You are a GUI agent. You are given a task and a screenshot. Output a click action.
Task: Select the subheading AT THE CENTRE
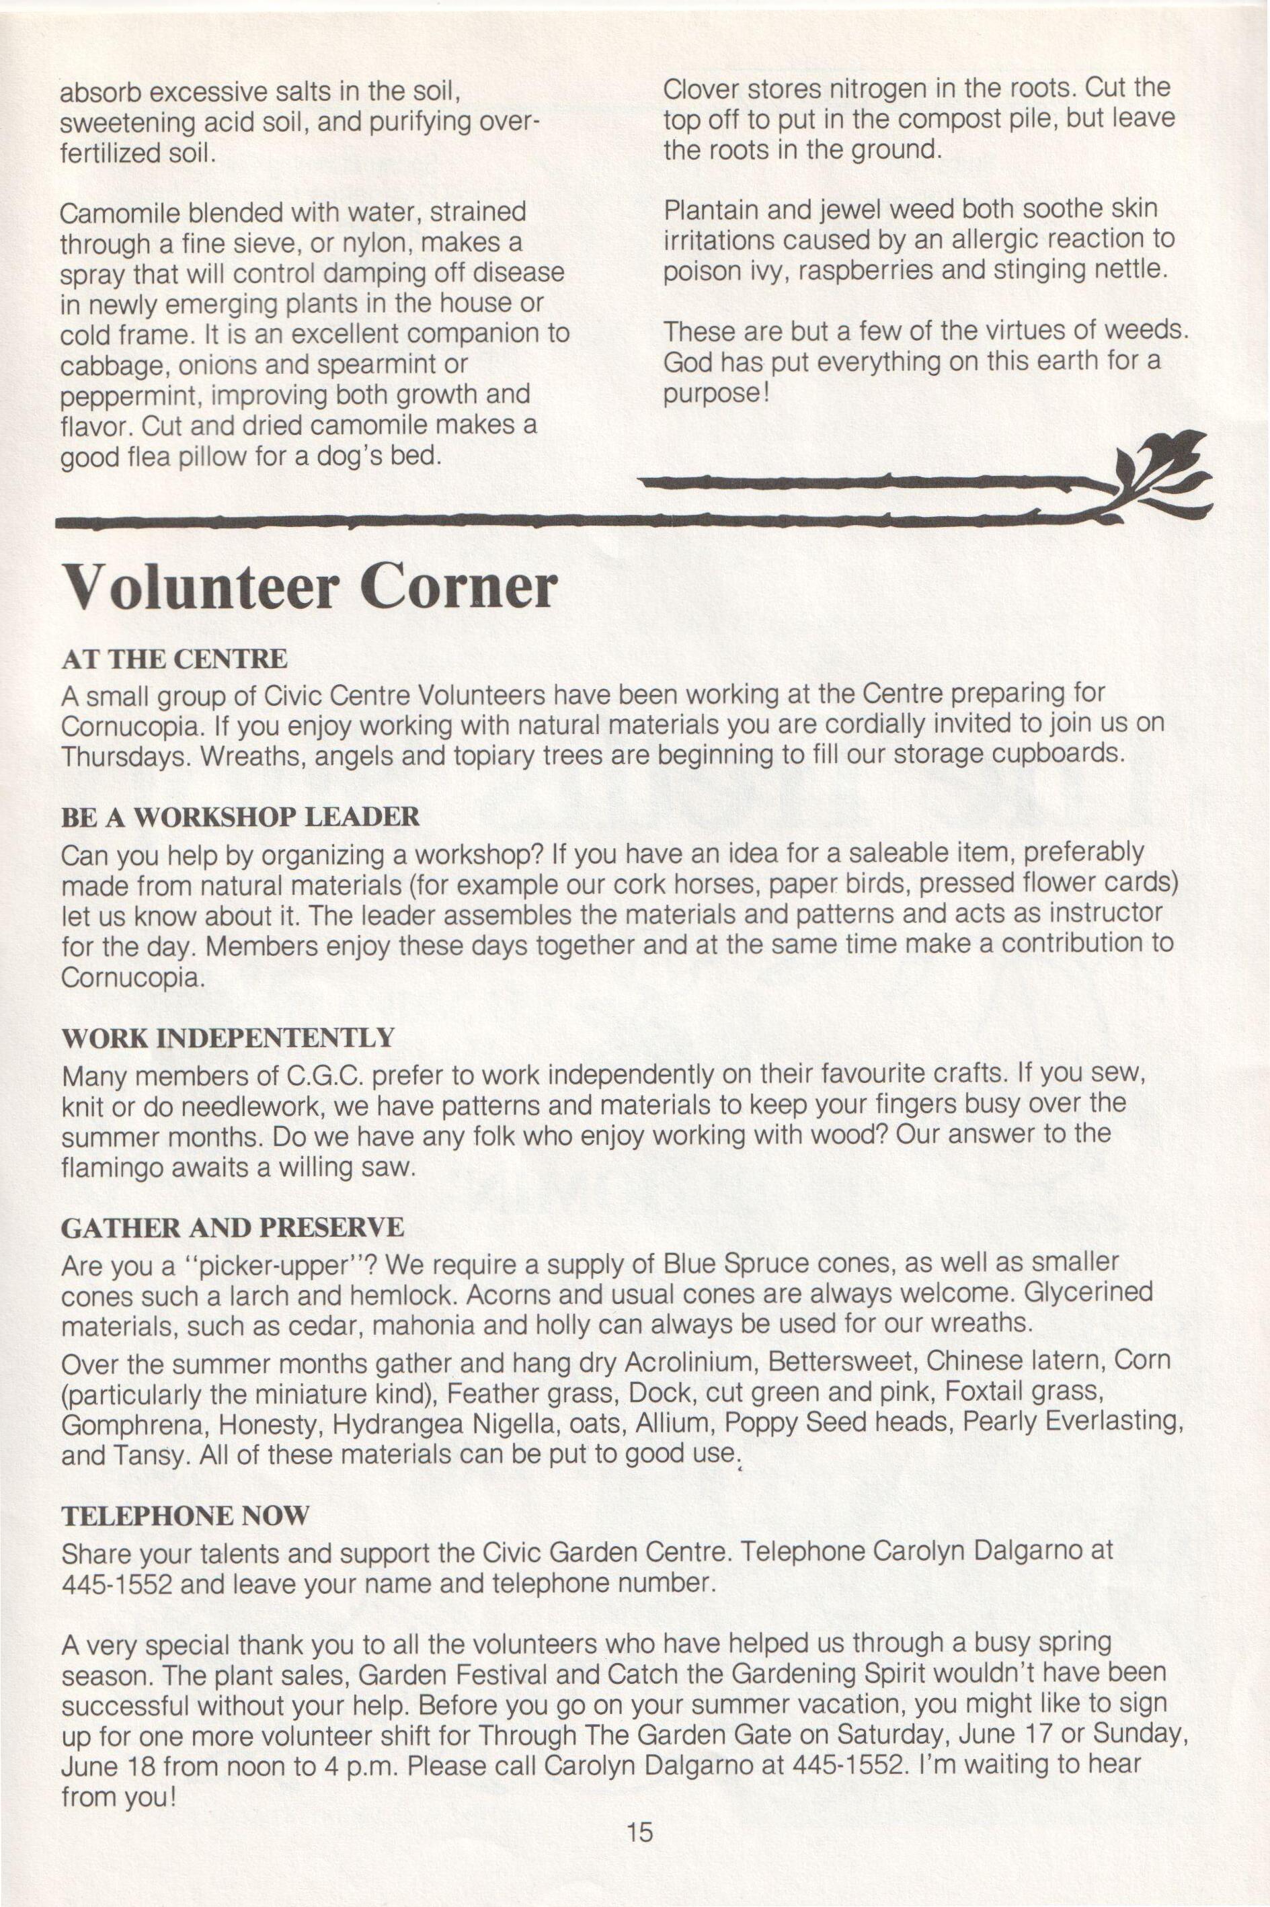click(x=174, y=658)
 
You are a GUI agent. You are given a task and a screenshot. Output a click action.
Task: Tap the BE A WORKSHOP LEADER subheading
click(x=241, y=816)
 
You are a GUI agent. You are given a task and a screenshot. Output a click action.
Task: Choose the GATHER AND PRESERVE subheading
click(x=233, y=1227)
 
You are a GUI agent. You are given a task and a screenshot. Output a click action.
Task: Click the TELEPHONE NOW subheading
click(x=186, y=1515)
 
